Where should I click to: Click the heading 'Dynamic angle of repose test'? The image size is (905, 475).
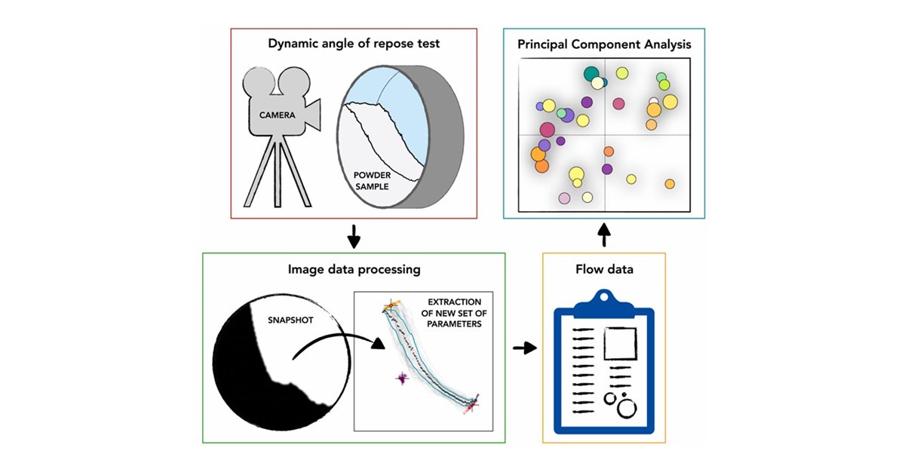[354, 44]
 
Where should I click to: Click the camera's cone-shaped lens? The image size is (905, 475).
[311, 115]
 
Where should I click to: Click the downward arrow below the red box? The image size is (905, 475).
[354, 239]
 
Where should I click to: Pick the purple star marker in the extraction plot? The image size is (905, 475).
[401, 380]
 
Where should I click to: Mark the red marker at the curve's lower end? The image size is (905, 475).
[471, 405]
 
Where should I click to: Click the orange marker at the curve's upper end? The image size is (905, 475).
[391, 305]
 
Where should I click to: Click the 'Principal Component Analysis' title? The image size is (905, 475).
[604, 44]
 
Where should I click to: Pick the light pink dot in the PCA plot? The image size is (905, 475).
[564, 199]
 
